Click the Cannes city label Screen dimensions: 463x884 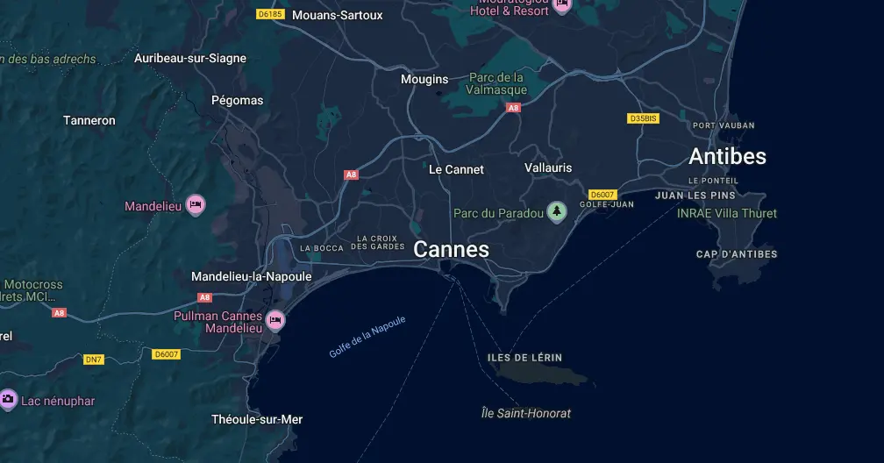451,250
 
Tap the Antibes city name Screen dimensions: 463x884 727,156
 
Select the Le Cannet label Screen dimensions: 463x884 456,169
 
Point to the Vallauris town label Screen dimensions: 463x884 548,167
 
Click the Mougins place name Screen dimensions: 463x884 424,79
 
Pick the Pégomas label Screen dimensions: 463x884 237,100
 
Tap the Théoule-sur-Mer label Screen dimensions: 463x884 257,419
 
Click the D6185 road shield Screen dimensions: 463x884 270,14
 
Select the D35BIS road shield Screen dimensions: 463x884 643,118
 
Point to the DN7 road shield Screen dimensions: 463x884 94,360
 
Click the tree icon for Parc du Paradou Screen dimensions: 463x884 556,211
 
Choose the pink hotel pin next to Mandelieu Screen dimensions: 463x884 196,205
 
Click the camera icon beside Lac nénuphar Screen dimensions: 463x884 8,400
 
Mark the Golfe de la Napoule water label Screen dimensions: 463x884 367,337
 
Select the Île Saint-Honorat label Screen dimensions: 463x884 526,413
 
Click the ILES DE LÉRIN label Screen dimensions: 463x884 524,358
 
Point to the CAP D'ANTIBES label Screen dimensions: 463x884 737,254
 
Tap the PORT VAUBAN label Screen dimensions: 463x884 724,125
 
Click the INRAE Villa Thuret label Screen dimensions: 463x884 727,213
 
